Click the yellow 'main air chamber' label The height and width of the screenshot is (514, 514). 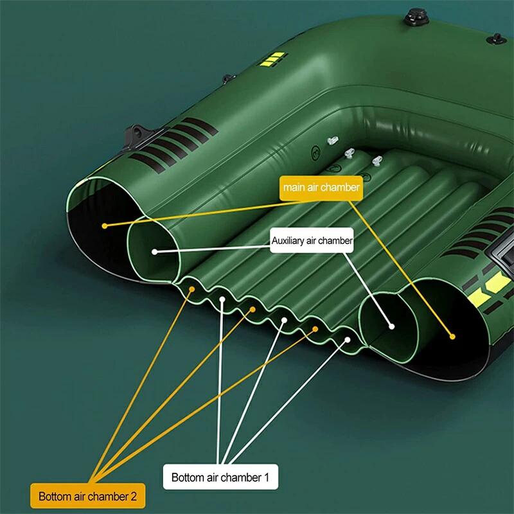tap(321, 188)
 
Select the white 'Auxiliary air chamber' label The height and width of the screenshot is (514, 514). tap(312, 240)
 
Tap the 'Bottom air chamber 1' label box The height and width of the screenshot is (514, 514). tap(220, 477)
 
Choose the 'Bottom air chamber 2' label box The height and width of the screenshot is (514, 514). tap(87, 496)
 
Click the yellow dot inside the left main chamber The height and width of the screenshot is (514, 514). tap(105, 226)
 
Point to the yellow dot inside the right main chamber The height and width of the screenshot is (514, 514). tap(452, 336)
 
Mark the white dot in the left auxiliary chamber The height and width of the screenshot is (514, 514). tap(155, 252)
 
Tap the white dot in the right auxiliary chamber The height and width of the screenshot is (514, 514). tap(391, 326)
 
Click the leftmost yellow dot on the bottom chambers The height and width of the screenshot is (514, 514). tap(192, 289)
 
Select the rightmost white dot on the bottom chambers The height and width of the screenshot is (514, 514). tap(348, 340)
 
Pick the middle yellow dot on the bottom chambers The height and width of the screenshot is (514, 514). tap(253, 310)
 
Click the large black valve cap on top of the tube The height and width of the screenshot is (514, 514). tap(416, 17)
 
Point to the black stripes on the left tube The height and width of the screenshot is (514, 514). tap(173, 144)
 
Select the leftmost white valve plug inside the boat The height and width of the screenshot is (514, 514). tap(333, 141)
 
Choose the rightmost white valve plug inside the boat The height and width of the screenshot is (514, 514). tap(377, 161)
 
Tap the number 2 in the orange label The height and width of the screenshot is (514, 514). tap(134, 496)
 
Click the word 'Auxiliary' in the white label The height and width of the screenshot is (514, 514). tap(288, 241)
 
